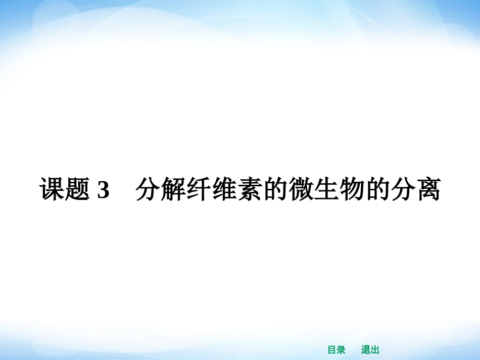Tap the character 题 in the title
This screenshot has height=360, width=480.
pos(77,190)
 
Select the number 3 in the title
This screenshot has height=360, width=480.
pos(103,190)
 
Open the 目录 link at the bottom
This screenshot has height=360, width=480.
pos(337,350)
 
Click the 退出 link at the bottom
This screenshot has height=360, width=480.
pos(370,350)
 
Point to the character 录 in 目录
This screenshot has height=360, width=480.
pos(341,350)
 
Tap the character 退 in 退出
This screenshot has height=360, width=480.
pos(366,350)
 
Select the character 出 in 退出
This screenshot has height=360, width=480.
pos(375,350)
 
